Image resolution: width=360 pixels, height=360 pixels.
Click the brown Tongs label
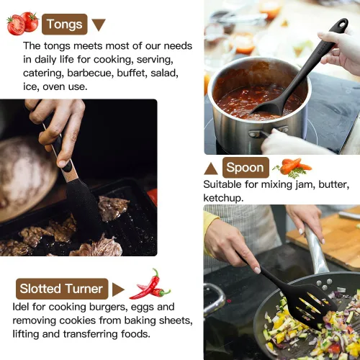pyautogui.click(x=65, y=24)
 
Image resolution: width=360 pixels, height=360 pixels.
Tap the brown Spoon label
pyautogui.click(x=246, y=168)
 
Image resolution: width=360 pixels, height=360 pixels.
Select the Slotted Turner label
pyautogui.click(x=62, y=289)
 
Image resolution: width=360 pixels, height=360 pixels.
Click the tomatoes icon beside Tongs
pyautogui.click(x=22, y=23)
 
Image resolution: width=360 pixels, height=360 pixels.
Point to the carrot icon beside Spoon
pyautogui.click(x=292, y=168)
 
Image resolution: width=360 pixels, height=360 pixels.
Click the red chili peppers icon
pyautogui.click(x=150, y=284)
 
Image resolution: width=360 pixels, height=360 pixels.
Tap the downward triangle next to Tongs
pyautogui.click(x=99, y=24)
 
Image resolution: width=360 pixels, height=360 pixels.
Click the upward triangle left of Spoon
pyautogui.click(x=211, y=168)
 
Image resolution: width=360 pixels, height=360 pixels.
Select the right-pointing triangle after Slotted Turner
pyautogui.click(x=118, y=289)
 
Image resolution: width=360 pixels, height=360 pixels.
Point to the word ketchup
pyautogui.click(x=223, y=198)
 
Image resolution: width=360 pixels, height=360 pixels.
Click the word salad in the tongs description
pyautogui.click(x=164, y=73)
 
